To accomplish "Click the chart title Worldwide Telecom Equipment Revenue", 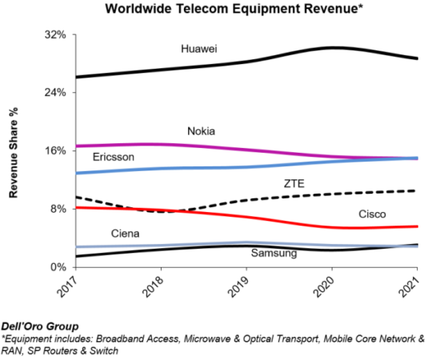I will point(218,10).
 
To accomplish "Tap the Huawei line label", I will point(200,50).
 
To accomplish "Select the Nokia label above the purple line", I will point(201,131).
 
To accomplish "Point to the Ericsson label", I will point(113,157).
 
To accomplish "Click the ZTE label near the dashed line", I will point(294,183).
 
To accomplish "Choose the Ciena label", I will point(126,234).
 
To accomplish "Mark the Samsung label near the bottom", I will point(274,254).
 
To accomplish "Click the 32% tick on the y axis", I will point(54,35).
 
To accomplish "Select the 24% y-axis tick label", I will point(54,93).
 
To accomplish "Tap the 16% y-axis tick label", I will point(54,150).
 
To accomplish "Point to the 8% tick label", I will point(58,209).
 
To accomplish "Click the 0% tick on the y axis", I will point(58,266).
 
